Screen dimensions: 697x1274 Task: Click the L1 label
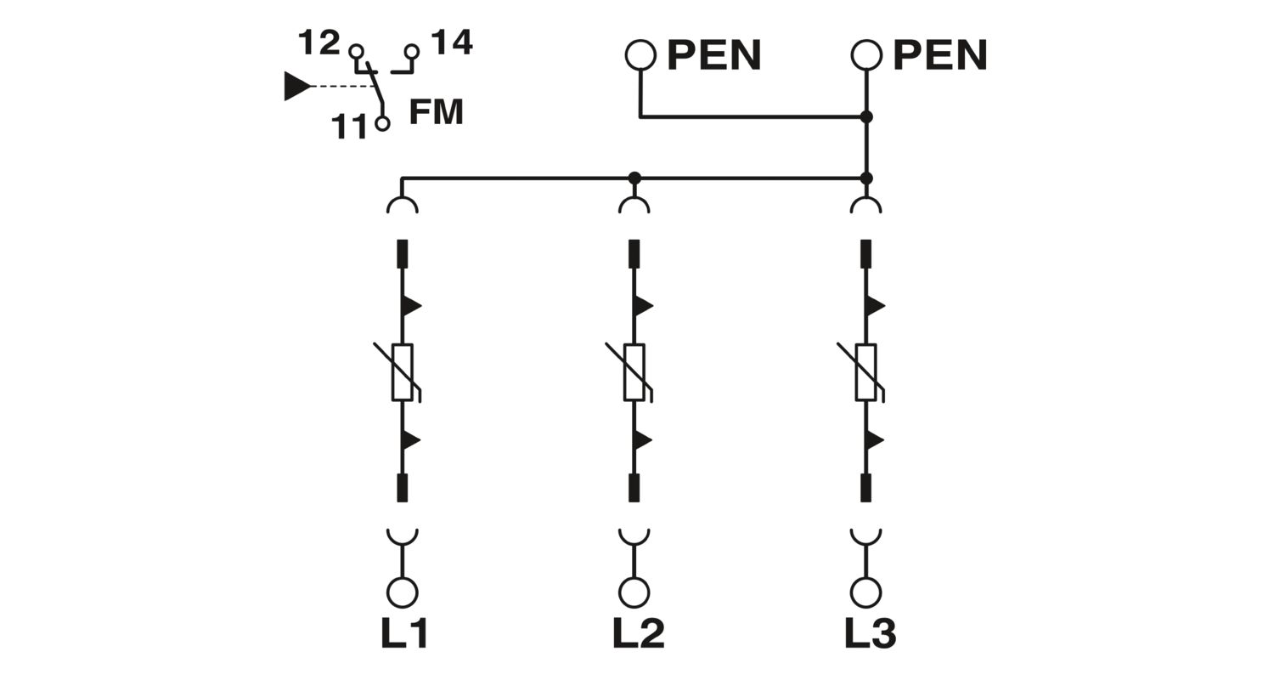pyautogui.click(x=404, y=633)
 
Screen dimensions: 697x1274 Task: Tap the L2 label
pyautogui.click(x=638, y=633)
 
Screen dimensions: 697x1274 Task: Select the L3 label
pyautogui.click(x=870, y=633)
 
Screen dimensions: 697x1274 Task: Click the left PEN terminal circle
pyautogui.click(x=640, y=55)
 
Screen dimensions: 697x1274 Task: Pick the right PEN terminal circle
pyautogui.click(x=866, y=55)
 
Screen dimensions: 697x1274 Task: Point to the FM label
pyautogui.click(x=436, y=112)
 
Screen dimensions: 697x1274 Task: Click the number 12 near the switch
pyautogui.click(x=319, y=42)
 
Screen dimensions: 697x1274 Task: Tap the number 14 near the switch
pyautogui.click(x=452, y=42)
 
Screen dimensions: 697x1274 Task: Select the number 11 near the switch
pyautogui.click(x=349, y=127)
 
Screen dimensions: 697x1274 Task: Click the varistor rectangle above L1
pyautogui.click(x=403, y=372)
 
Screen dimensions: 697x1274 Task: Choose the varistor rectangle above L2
pyautogui.click(x=634, y=372)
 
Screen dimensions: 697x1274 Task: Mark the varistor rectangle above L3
pyautogui.click(x=866, y=372)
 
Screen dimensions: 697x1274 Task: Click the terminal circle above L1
pyautogui.click(x=403, y=592)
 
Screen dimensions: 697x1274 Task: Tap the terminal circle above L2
pyautogui.click(x=634, y=592)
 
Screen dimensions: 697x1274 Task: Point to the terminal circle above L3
pyautogui.click(x=866, y=592)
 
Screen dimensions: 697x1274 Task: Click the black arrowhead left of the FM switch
pyautogui.click(x=296, y=86)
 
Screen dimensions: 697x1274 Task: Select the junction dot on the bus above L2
pyautogui.click(x=634, y=178)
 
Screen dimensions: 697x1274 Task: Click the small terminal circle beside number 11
pyautogui.click(x=383, y=123)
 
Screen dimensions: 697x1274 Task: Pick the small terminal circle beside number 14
pyautogui.click(x=413, y=51)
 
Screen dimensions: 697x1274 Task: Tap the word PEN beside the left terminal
pyautogui.click(x=713, y=55)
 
